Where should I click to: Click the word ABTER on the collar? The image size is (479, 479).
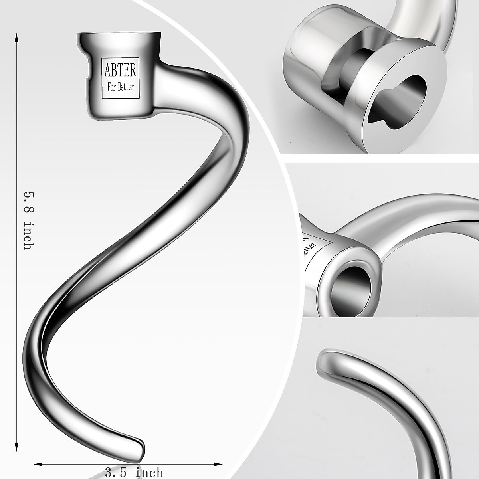pyautogui.click(x=120, y=71)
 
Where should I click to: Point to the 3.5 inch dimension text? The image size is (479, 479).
pyautogui.click(x=134, y=473)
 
